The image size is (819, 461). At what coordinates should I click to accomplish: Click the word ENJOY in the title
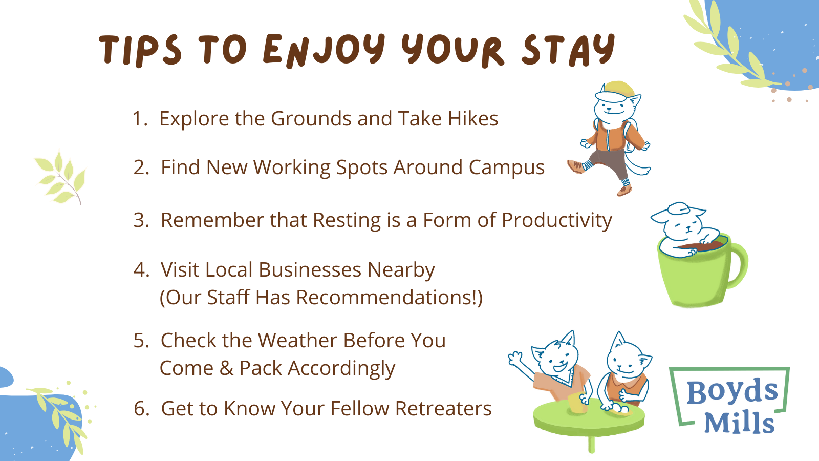[324, 50]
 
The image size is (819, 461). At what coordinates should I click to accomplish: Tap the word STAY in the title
[568, 50]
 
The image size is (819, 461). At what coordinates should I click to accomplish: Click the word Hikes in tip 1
[473, 119]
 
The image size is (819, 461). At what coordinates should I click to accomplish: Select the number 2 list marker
[141, 167]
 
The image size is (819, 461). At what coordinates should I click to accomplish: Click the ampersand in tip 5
[226, 368]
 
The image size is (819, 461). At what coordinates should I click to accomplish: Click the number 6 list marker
[141, 409]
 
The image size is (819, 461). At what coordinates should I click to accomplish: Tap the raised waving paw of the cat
[515, 358]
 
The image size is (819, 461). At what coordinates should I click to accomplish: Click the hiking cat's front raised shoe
[576, 166]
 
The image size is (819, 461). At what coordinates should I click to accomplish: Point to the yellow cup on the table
[577, 404]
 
